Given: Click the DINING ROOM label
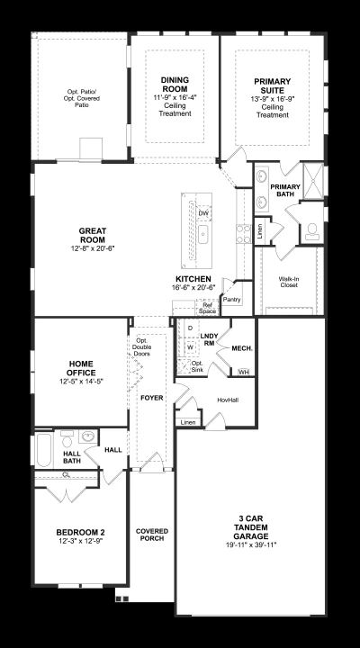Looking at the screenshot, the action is pyautogui.click(x=175, y=85).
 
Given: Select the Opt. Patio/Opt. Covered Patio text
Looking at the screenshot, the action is pyautogui.click(x=84, y=98).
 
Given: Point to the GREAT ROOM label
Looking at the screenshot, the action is pyautogui.click(x=93, y=235).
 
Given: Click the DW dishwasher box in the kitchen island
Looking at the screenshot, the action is pyautogui.click(x=203, y=213).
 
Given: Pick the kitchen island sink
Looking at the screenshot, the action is pyautogui.click(x=203, y=236).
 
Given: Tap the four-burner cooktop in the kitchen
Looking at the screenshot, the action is pyautogui.click(x=243, y=233).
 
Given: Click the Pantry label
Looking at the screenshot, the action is pyautogui.click(x=231, y=299).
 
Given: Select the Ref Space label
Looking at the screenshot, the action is pyautogui.click(x=207, y=309).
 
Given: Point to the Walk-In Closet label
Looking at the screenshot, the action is pyautogui.click(x=288, y=282).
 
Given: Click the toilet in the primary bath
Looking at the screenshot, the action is pyautogui.click(x=312, y=232).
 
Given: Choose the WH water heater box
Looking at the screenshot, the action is pyautogui.click(x=244, y=372).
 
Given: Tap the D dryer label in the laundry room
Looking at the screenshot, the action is pyautogui.click(x=190, y=328).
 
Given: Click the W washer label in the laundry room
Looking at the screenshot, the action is pyautogui.click(x=190, y=347).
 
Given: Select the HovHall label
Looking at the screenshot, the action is pyautogui.click(x=229, y=400).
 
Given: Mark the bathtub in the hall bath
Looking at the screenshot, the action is pyautogui.click(x=43, y=450).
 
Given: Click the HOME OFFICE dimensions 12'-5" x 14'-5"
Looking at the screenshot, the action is pyautogui.click(x=81, y=382).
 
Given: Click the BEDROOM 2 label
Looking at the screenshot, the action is pyautogui.click(x=77, y=532).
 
